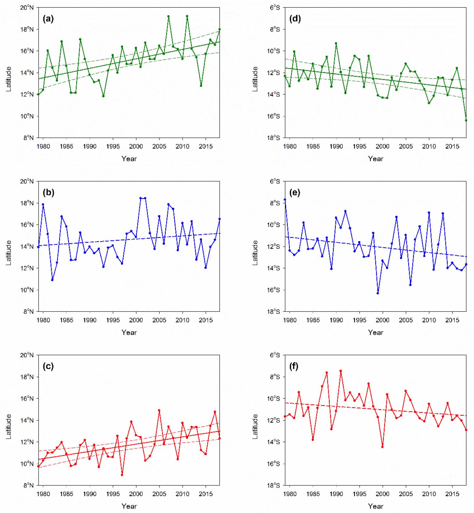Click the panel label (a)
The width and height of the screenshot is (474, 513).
pyautogui.click(x=48, y=19)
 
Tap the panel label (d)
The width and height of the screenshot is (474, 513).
pyautogui.click(x=295, y=19)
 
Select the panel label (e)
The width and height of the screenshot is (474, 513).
pyautogui.click(x=295, y=193)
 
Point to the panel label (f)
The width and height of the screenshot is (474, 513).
pyautogui.click(x=294, y=366)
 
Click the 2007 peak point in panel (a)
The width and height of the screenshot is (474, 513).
pyautogui.click(x=169, y=17)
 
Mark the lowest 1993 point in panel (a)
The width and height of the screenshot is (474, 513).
pyautogui.click(x=103, y=96)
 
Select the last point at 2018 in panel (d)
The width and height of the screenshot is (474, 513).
pyautogui.click(x=466, y=120)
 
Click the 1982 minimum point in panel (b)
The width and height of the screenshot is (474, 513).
pyautogui.click(x=52, y=280)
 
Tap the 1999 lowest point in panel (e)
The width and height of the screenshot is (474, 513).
pyautogui.click(x=378, y=293)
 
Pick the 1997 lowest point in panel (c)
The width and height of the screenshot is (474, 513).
pyautogui.click(x=122, y=475)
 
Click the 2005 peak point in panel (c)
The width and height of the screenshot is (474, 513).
pyautogui.click(x=159, y=410)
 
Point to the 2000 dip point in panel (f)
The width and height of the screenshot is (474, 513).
pyautogui.click(x=382, y=447)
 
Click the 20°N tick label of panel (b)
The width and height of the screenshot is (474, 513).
pyautogui.click(x=27, y=181)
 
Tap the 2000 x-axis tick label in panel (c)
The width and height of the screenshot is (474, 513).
pyautogui.click(x=136, y=494)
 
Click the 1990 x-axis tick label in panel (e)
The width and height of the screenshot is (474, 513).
pyautogui.click(x=336, y=320)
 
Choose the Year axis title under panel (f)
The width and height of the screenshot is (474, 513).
pyautogui.click(x=376, y=506)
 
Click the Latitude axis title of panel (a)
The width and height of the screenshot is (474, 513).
pyautogui.click(x=9, y=79)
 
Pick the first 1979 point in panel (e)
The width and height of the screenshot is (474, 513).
pyautogui.click(x=285, y=200)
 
